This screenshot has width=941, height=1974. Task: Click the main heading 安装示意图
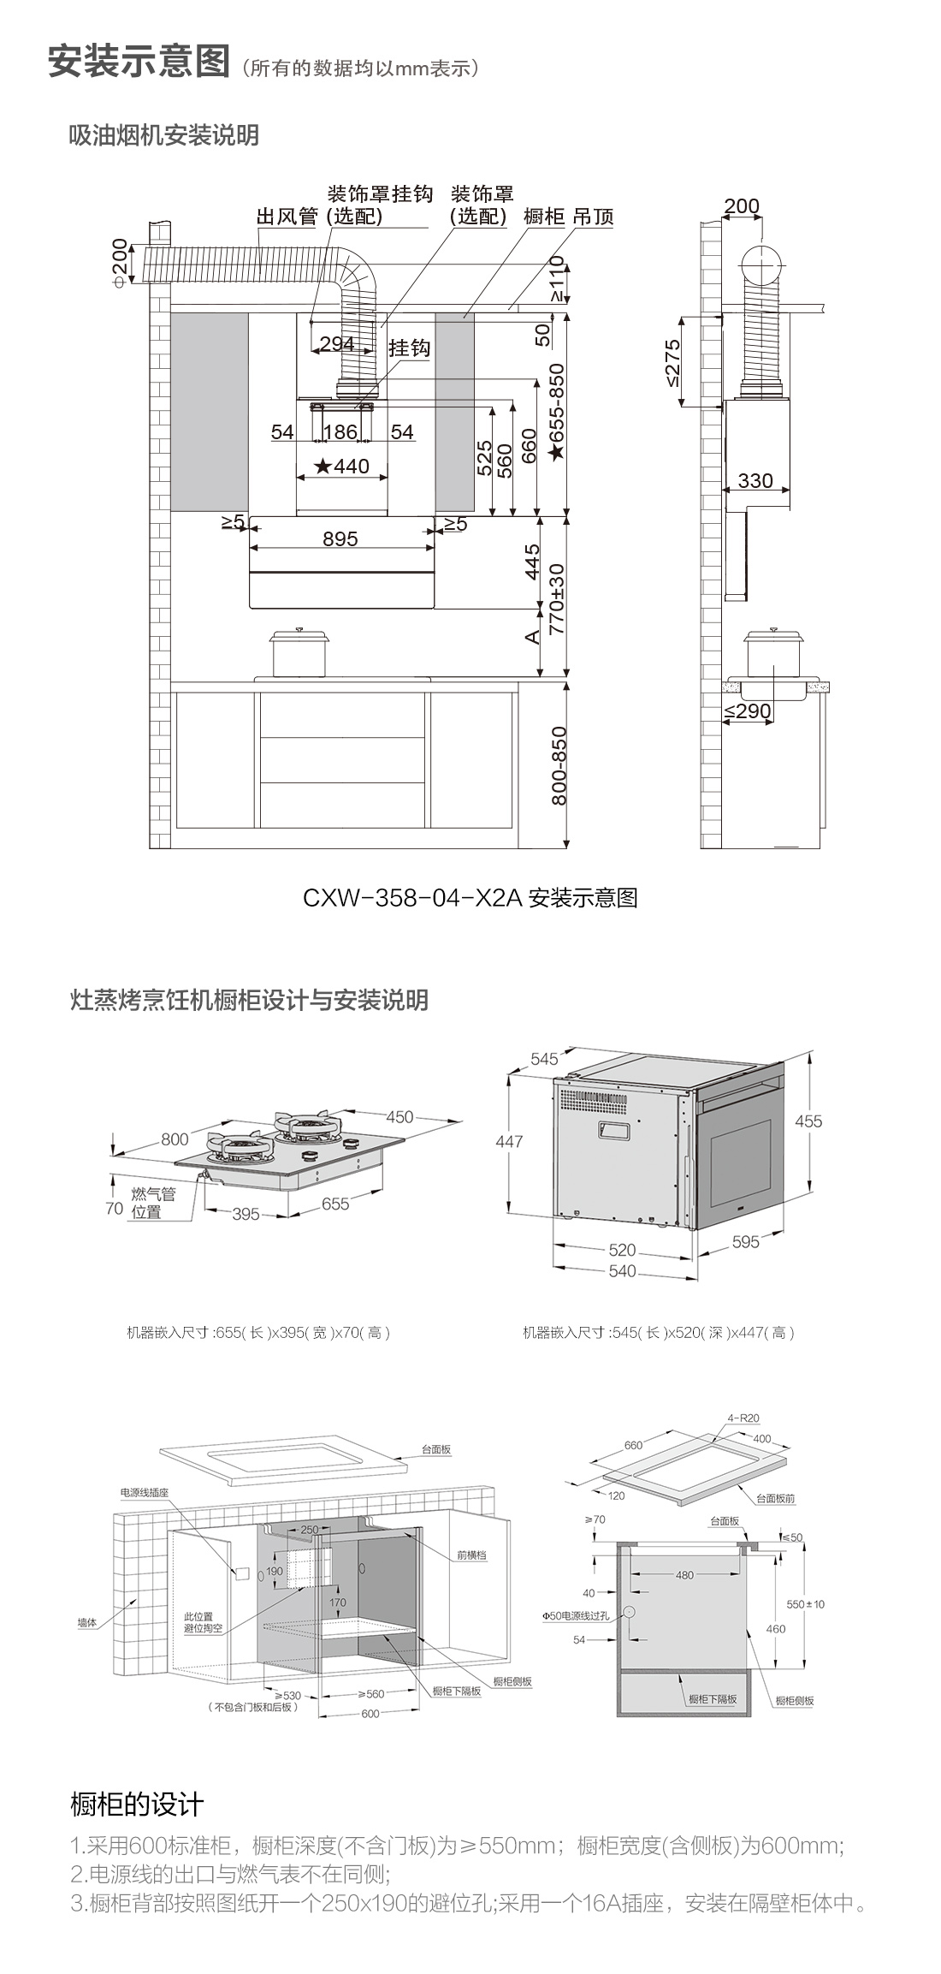[139, 62]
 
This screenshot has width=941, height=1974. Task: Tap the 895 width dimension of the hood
[340, 539]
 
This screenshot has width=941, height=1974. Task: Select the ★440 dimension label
[342, 467]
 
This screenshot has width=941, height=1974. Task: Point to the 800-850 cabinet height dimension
[559, 765]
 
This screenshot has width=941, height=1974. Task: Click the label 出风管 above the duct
[287, 217]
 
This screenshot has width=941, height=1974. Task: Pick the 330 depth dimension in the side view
[755, 481]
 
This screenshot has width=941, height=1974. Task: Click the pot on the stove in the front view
[300, 655]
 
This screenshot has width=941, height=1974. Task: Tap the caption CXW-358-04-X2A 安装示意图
[470, 898]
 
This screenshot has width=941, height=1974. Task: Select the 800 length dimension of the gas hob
[175, 1139]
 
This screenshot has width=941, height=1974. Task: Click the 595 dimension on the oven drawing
[745, 1242]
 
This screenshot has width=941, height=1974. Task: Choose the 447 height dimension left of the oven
[509, 1141]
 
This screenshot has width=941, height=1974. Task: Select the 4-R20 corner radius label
[743, 1418]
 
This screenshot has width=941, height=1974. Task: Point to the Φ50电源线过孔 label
[576, 1615]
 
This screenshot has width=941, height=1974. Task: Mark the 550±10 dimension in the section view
[806, 1603]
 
